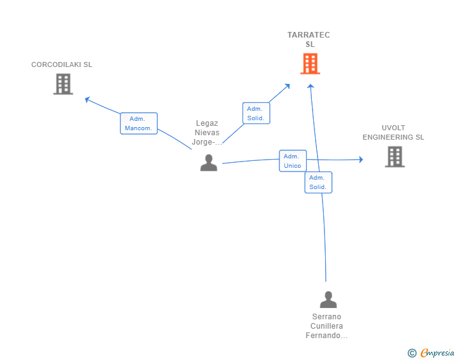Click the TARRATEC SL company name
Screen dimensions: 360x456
pos(309,39)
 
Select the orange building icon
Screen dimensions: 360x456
pos(310,64)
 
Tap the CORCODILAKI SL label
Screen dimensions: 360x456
pos(62,64)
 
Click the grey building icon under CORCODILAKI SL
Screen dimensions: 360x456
pos(63,84)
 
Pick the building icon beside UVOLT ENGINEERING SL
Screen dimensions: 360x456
pos(395,157)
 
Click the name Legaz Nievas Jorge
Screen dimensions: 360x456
pos(207,133)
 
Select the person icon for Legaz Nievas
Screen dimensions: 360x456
pos(209,163)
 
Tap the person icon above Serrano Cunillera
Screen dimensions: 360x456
pos(328,300)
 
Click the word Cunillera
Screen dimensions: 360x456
pos(327,326)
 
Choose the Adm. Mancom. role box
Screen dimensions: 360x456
pos(138,123)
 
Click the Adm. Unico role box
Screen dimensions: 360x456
pos(293,161)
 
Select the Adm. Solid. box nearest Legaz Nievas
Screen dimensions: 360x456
pos(256,113)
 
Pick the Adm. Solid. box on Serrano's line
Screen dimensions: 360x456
pos(318,182)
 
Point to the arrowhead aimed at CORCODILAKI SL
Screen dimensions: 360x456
pos(88,99)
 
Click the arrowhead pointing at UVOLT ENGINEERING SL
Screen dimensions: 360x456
pos(360,160)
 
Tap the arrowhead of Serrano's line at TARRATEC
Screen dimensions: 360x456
pos(309,86)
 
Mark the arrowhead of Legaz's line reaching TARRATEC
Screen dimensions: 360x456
pos(287,86)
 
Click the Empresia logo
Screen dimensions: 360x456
pos(437,353)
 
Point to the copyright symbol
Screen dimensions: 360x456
pos(412,353)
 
